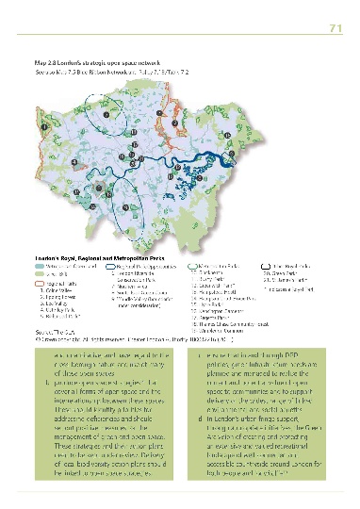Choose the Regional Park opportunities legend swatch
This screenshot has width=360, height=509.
pos(102,266)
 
